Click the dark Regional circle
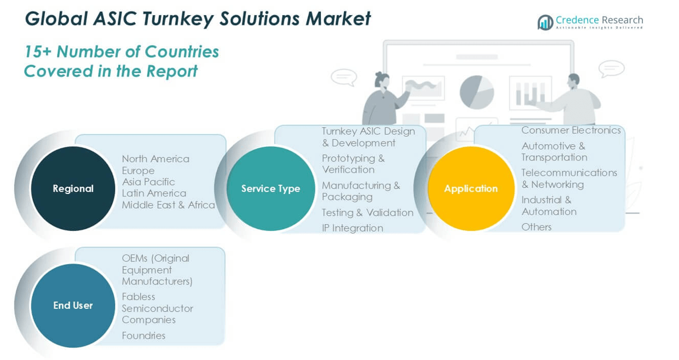pos(73,188)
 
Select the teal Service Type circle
pos(270,188)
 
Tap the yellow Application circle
pos(471,188)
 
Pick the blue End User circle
pos(73,305)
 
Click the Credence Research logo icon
pos(545,22)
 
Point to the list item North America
pos(155,159)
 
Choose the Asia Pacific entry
pos(148,182)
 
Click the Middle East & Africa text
pos(168,205)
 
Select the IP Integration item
pos(352,228)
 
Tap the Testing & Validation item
pos(368,213)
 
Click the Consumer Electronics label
pos(571,130)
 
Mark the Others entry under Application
pos(536,227)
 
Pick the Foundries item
pos(144,335)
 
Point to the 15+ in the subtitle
pos(38,52)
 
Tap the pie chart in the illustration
pos(476,92)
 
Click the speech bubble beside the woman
pos(343,77)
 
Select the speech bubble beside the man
pos(611,68)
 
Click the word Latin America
pos(154,193)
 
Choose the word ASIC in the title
pos(116,19)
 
